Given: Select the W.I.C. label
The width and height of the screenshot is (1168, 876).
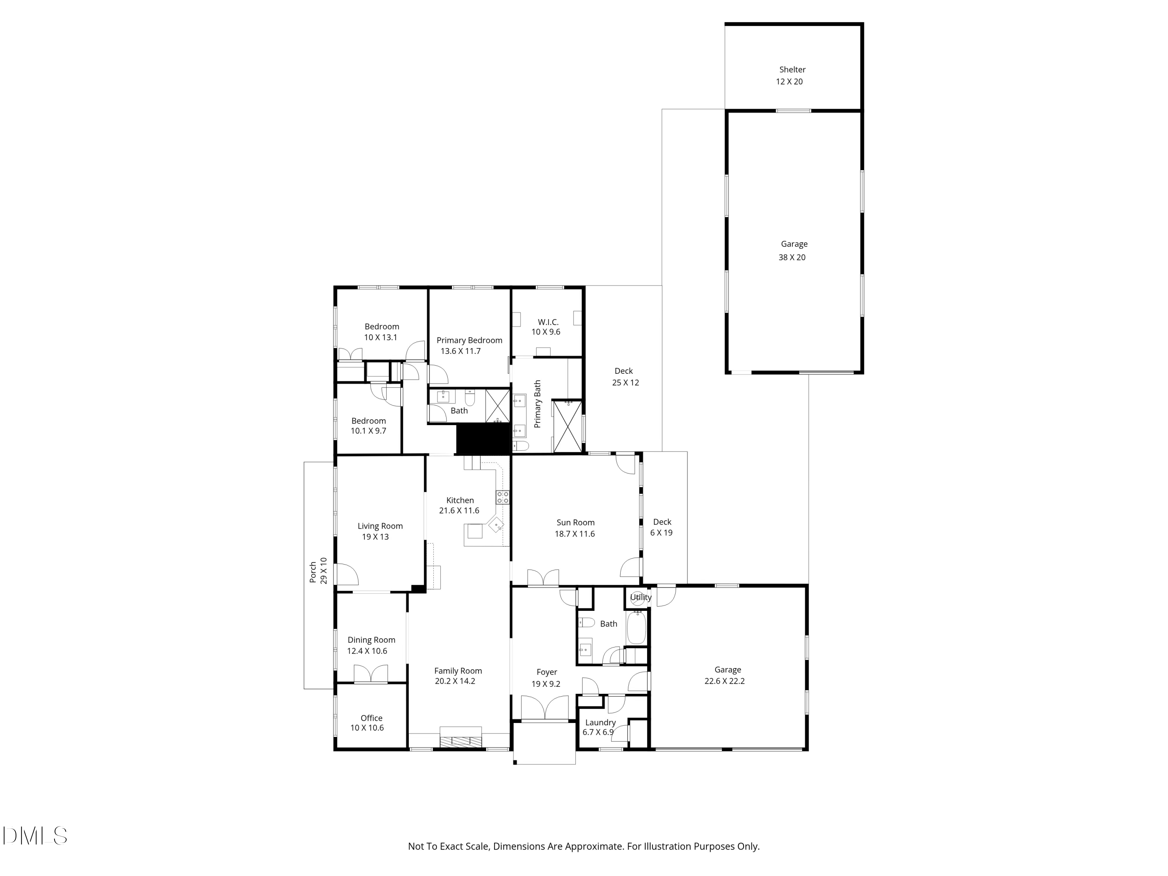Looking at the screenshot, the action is (x=548, y=322).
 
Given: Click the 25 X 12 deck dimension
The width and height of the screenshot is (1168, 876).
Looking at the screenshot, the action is (x=626, y=383).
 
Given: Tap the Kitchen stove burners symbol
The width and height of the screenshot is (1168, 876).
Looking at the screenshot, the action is (x=503, y=497).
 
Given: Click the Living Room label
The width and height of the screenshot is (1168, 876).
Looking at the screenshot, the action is (x=380, y=526).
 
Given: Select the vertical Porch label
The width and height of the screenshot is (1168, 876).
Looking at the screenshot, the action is (x=313, y=572).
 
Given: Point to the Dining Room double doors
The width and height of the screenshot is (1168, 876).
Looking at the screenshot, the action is (x=371, y=674).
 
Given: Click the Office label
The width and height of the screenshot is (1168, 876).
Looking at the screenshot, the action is (x=372, y=718).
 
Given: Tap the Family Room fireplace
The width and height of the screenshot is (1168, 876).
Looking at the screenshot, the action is (x=461, y=737).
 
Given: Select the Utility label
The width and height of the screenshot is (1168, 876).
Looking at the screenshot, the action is (x=640, y=597).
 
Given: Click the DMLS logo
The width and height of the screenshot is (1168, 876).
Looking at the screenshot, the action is (x=35, y=836).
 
